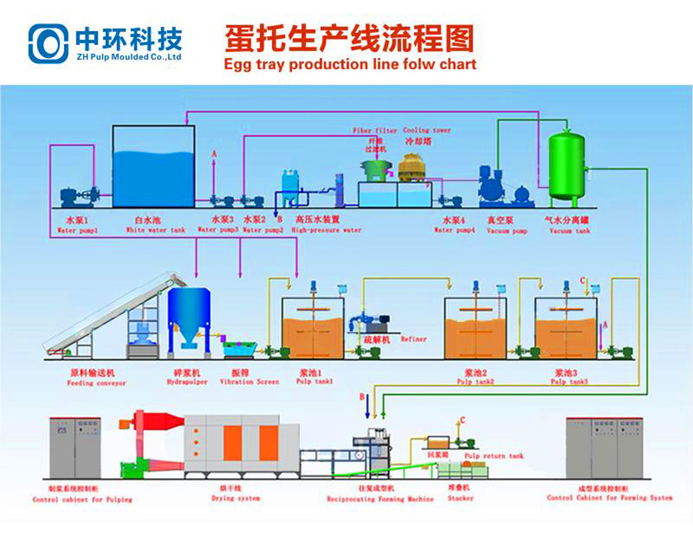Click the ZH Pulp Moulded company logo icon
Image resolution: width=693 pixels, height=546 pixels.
48,43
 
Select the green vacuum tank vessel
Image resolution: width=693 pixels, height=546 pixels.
566,166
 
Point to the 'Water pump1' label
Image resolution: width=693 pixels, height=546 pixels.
77,230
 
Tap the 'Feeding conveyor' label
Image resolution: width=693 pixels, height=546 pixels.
96,383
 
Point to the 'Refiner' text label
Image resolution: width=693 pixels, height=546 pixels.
413,339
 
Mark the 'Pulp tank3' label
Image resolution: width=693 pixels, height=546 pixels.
566,382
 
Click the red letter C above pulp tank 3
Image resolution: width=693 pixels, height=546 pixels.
582,281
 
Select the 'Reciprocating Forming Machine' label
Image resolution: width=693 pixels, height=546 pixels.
380,499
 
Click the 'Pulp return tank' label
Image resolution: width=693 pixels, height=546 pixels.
494,456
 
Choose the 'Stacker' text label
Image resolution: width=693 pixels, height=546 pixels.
460,498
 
